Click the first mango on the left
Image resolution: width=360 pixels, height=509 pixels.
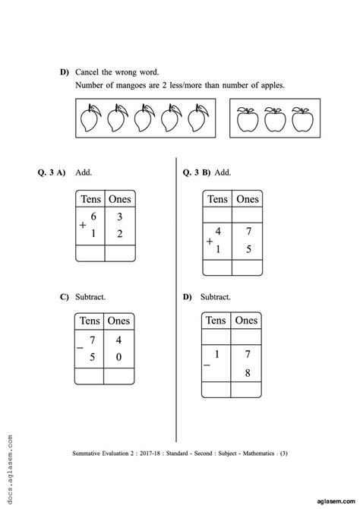(x=90, y=119)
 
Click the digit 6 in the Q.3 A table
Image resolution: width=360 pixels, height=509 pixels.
(x=93, y=217)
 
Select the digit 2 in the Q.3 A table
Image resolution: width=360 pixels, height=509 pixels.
(x=120, y=235)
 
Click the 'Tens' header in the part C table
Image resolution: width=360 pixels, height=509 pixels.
(x=90, y=321)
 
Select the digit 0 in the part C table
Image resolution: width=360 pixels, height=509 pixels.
(x=119, y=356)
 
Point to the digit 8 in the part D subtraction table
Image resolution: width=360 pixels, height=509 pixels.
(x=245, y=372)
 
